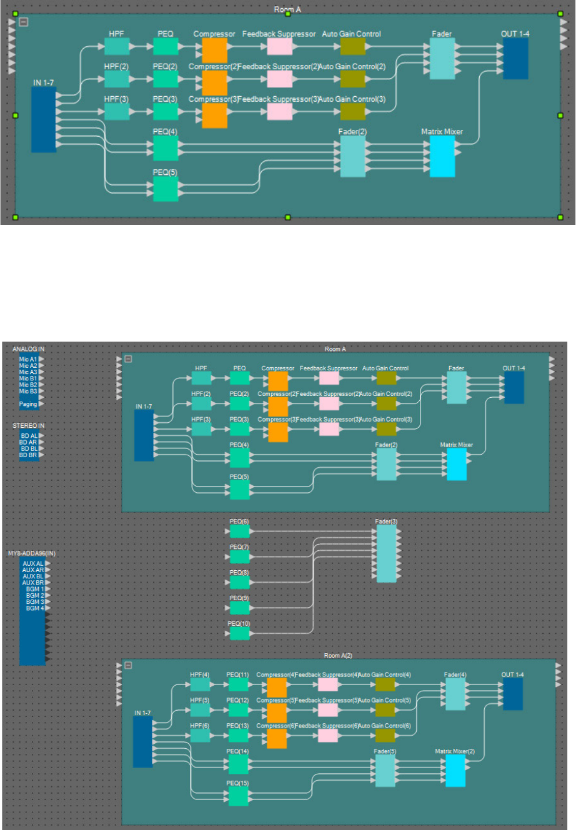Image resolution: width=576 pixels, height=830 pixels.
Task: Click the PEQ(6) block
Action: click(x=240, y=531)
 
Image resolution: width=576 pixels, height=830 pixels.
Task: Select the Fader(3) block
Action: click(x=386, y=553)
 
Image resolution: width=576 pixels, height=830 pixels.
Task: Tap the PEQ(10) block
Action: click(x=240, y=633)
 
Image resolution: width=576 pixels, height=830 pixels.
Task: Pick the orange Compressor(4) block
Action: click(x=277, y=688)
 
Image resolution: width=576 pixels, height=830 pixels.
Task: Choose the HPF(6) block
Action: click(x=200, y=736)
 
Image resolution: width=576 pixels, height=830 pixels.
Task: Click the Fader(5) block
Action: click(x=385, y=771)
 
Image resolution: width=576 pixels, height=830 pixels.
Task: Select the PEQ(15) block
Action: click(x=239, y=796)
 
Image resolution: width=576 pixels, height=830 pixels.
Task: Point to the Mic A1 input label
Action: click(x=28, y=360)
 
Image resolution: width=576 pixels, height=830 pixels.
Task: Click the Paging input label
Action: click(x=28, y=404)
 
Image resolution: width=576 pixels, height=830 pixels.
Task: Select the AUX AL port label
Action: click(x=33, y=564)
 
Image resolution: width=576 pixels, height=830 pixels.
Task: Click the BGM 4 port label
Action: click(x=34, y=608)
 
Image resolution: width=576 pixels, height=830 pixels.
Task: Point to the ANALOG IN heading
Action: click(x=29, y=349)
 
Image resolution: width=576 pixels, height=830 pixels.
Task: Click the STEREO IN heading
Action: click(x=29, y=426)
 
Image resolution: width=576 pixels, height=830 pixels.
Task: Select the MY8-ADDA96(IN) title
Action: click(x=32, y=553)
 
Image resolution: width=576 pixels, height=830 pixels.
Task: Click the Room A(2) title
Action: click(x=338, y=656)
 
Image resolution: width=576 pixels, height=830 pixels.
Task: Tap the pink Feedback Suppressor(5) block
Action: click(x=328, y=710)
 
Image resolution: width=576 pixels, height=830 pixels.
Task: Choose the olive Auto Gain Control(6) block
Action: click(x=385, y=736)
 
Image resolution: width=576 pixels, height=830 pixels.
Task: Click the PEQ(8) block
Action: click(x=240, y=582)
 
